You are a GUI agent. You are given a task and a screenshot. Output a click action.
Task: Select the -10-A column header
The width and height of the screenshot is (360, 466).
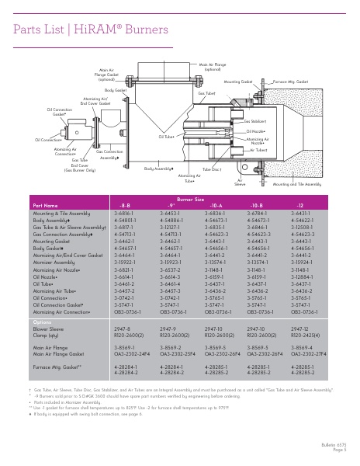coord(215,205)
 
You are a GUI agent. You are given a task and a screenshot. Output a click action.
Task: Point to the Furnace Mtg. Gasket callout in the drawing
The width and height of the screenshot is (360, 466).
coord(289,80)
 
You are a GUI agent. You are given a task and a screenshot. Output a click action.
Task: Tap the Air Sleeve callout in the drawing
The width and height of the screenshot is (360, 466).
coord(220,183)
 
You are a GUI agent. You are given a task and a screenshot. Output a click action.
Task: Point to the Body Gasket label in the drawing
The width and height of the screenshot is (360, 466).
coord(116,90)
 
